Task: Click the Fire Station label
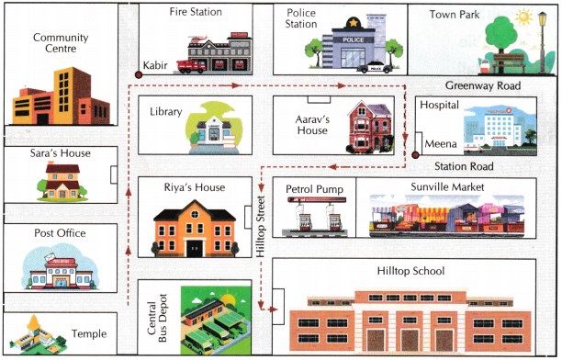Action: click(x=197, y=13)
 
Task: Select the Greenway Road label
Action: click(x=484, y=85)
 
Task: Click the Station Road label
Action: click(x=465, y=167)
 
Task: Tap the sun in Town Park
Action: click(x=524, y=17)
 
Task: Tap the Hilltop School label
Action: click(x=410, y=272)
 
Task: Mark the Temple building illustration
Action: click(x=36, y=332)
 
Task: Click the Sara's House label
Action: click(x=62, y=153)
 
